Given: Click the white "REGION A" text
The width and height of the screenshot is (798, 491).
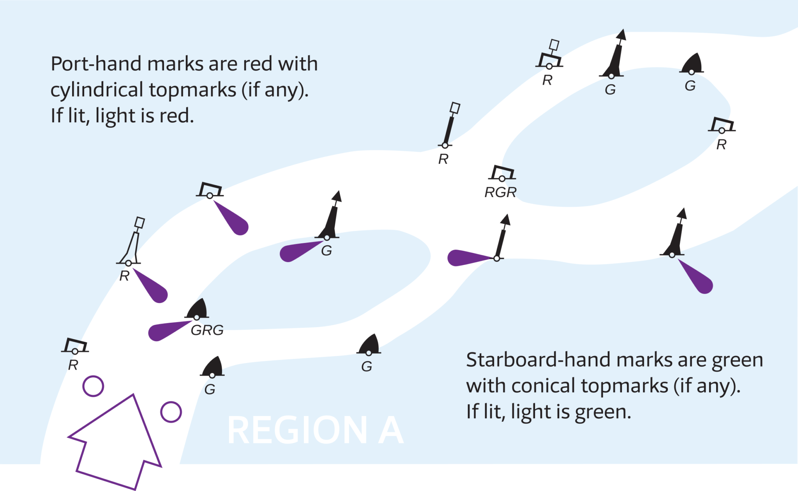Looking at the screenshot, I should pyautogui.click(x=315, y=430).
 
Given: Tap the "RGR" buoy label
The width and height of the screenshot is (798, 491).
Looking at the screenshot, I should pyautogui.click(x=500, y=192).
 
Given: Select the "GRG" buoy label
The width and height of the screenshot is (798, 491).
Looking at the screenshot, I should pyautogui.click(x=207, y=330).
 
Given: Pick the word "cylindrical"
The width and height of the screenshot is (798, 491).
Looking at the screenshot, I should pyautogui.click(x=97, y=90).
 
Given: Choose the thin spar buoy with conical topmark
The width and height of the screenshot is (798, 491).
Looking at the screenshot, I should pyautogui.click(x=501, y=238).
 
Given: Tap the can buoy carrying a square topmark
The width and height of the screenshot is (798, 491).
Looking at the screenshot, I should pyautogui.click(x=549, y=58).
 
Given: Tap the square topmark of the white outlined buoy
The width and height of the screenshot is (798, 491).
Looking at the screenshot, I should pyautogui.click(x=139, y=223).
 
